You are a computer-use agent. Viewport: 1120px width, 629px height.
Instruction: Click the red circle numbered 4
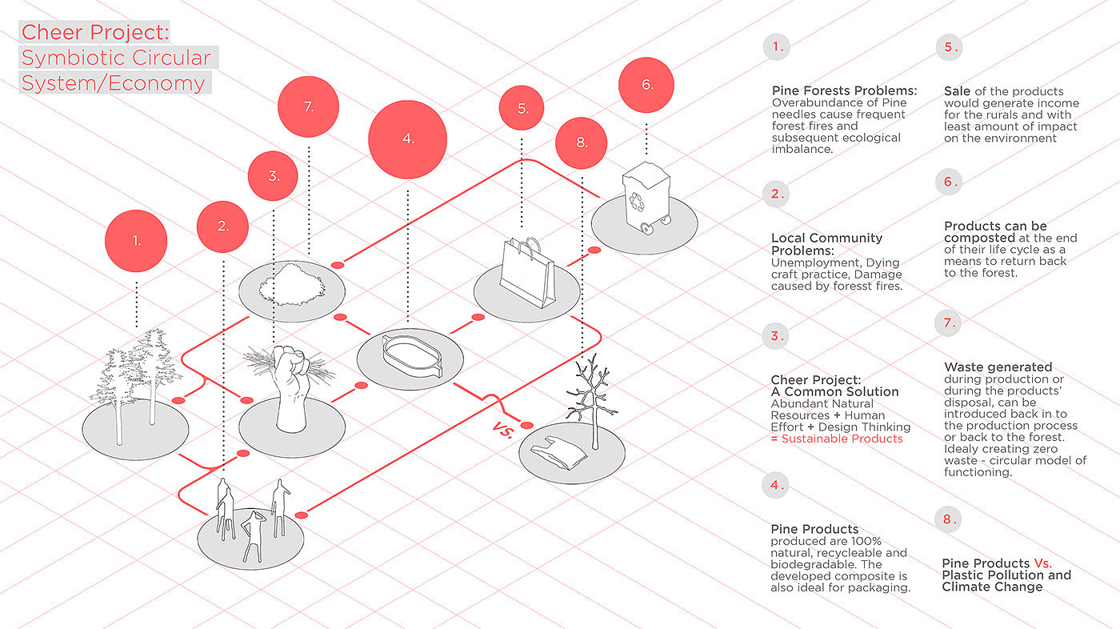pos(408,138)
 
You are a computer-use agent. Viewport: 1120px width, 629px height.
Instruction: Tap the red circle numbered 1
pos(137,240)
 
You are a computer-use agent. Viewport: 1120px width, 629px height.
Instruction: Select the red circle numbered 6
pos(647,85)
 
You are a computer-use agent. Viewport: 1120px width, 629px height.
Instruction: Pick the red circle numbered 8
pos(582,143)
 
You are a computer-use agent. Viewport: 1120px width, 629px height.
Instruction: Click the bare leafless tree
pos(591,400)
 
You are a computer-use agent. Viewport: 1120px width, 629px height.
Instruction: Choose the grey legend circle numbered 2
pos(776,194)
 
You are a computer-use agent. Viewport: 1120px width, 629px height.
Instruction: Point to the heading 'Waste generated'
pos(998,367)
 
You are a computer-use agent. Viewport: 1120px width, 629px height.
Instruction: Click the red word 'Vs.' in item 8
pos(1042,563)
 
